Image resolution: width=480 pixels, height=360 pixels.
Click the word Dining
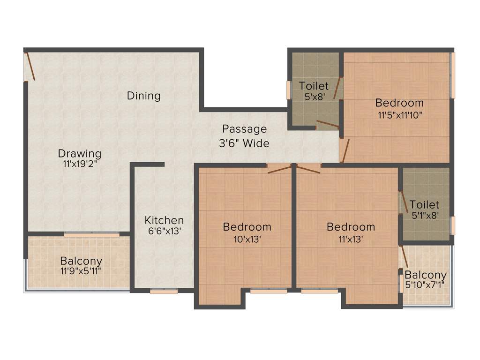coord(143,96)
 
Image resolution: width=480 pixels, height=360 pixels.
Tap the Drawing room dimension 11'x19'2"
coord(80,164)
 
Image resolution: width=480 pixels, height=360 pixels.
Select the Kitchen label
coord(164,220)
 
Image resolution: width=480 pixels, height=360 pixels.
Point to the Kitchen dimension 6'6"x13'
coord(164,231)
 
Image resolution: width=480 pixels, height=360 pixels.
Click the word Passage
coord(244,129)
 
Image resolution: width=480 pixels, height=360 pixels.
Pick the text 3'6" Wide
coord(244,143)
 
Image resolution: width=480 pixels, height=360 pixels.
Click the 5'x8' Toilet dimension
coord(314,97)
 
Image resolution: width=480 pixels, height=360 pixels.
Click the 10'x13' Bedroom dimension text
coord(247,239)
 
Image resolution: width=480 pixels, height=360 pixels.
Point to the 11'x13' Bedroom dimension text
coord(351,239)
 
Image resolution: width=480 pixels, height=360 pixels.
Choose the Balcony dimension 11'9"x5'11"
coord(81,271)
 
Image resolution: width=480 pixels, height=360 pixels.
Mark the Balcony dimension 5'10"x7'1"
coord(426,285)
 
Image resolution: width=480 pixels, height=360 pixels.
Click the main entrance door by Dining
coord(30,66)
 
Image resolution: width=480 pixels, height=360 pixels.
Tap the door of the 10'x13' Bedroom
coord(279,169)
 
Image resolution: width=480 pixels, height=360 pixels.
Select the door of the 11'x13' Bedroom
coord(308,169)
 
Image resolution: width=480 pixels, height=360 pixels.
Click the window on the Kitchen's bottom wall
coord(164,292)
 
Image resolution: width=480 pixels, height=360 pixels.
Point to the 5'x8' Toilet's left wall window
coord(289,90)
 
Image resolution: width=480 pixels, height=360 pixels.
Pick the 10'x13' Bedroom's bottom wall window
coord(268,291)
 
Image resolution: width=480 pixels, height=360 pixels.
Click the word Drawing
coord(80,153)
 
